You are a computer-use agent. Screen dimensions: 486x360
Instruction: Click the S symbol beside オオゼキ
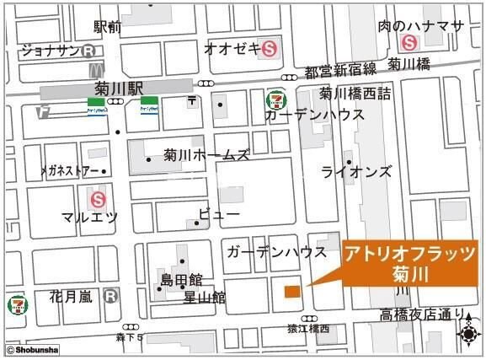point(270,48)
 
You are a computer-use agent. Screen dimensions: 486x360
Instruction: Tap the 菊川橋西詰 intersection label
point(355,93)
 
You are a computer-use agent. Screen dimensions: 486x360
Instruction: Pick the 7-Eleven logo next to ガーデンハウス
point(275,100)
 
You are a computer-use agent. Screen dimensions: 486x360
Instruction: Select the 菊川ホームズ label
point(207,155)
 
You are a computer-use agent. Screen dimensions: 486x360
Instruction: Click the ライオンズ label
point(356,172)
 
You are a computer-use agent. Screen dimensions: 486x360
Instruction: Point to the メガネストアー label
point(70,171)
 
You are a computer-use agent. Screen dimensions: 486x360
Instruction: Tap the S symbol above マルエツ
point(99,199)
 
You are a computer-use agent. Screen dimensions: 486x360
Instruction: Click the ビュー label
point(219,216)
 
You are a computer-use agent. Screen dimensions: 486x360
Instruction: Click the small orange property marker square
point(291,292)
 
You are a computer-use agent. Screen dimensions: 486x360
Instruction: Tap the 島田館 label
point(181,279)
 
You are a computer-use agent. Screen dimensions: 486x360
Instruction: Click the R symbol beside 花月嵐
point(110,296)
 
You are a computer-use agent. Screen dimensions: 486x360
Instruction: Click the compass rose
point(467,331)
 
